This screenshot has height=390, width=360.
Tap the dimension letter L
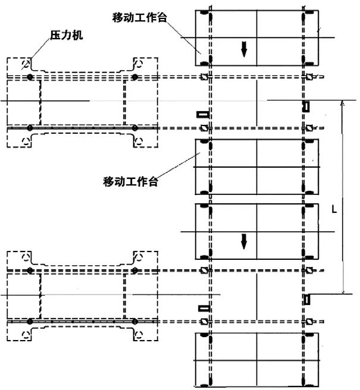334,209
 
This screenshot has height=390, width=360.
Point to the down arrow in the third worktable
243,241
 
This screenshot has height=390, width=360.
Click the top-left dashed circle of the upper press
26,64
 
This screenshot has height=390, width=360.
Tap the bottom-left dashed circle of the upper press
26,140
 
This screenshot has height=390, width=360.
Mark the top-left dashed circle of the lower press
26,257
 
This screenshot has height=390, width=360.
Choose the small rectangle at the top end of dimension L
306,106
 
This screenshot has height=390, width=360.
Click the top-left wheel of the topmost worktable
204,13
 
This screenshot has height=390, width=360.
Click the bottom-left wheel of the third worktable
204,256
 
